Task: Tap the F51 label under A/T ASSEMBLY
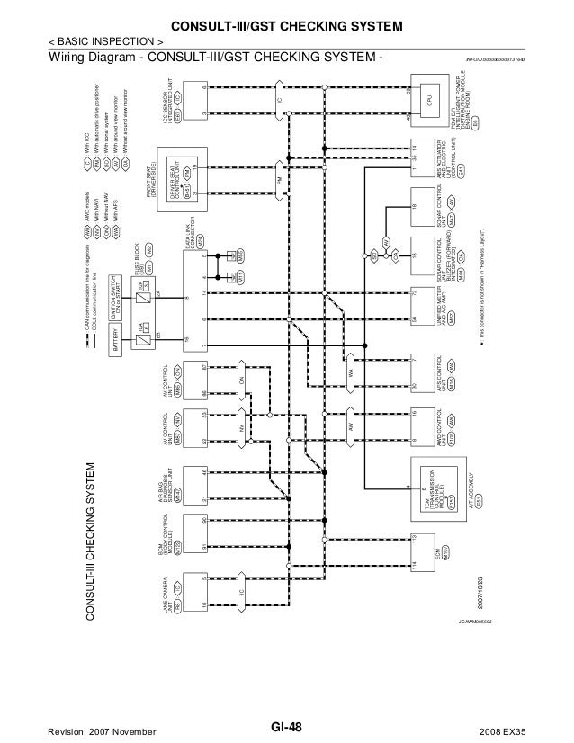tap(479, 497)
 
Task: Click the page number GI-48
tap(286, 728)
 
